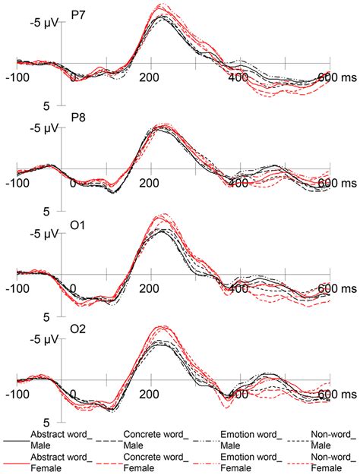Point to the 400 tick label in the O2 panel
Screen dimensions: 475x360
click(240, 395)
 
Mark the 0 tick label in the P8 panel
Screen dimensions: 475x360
click(74, 183)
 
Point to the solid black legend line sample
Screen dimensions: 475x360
click(15, 439)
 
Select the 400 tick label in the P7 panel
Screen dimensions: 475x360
click(240, 77)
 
